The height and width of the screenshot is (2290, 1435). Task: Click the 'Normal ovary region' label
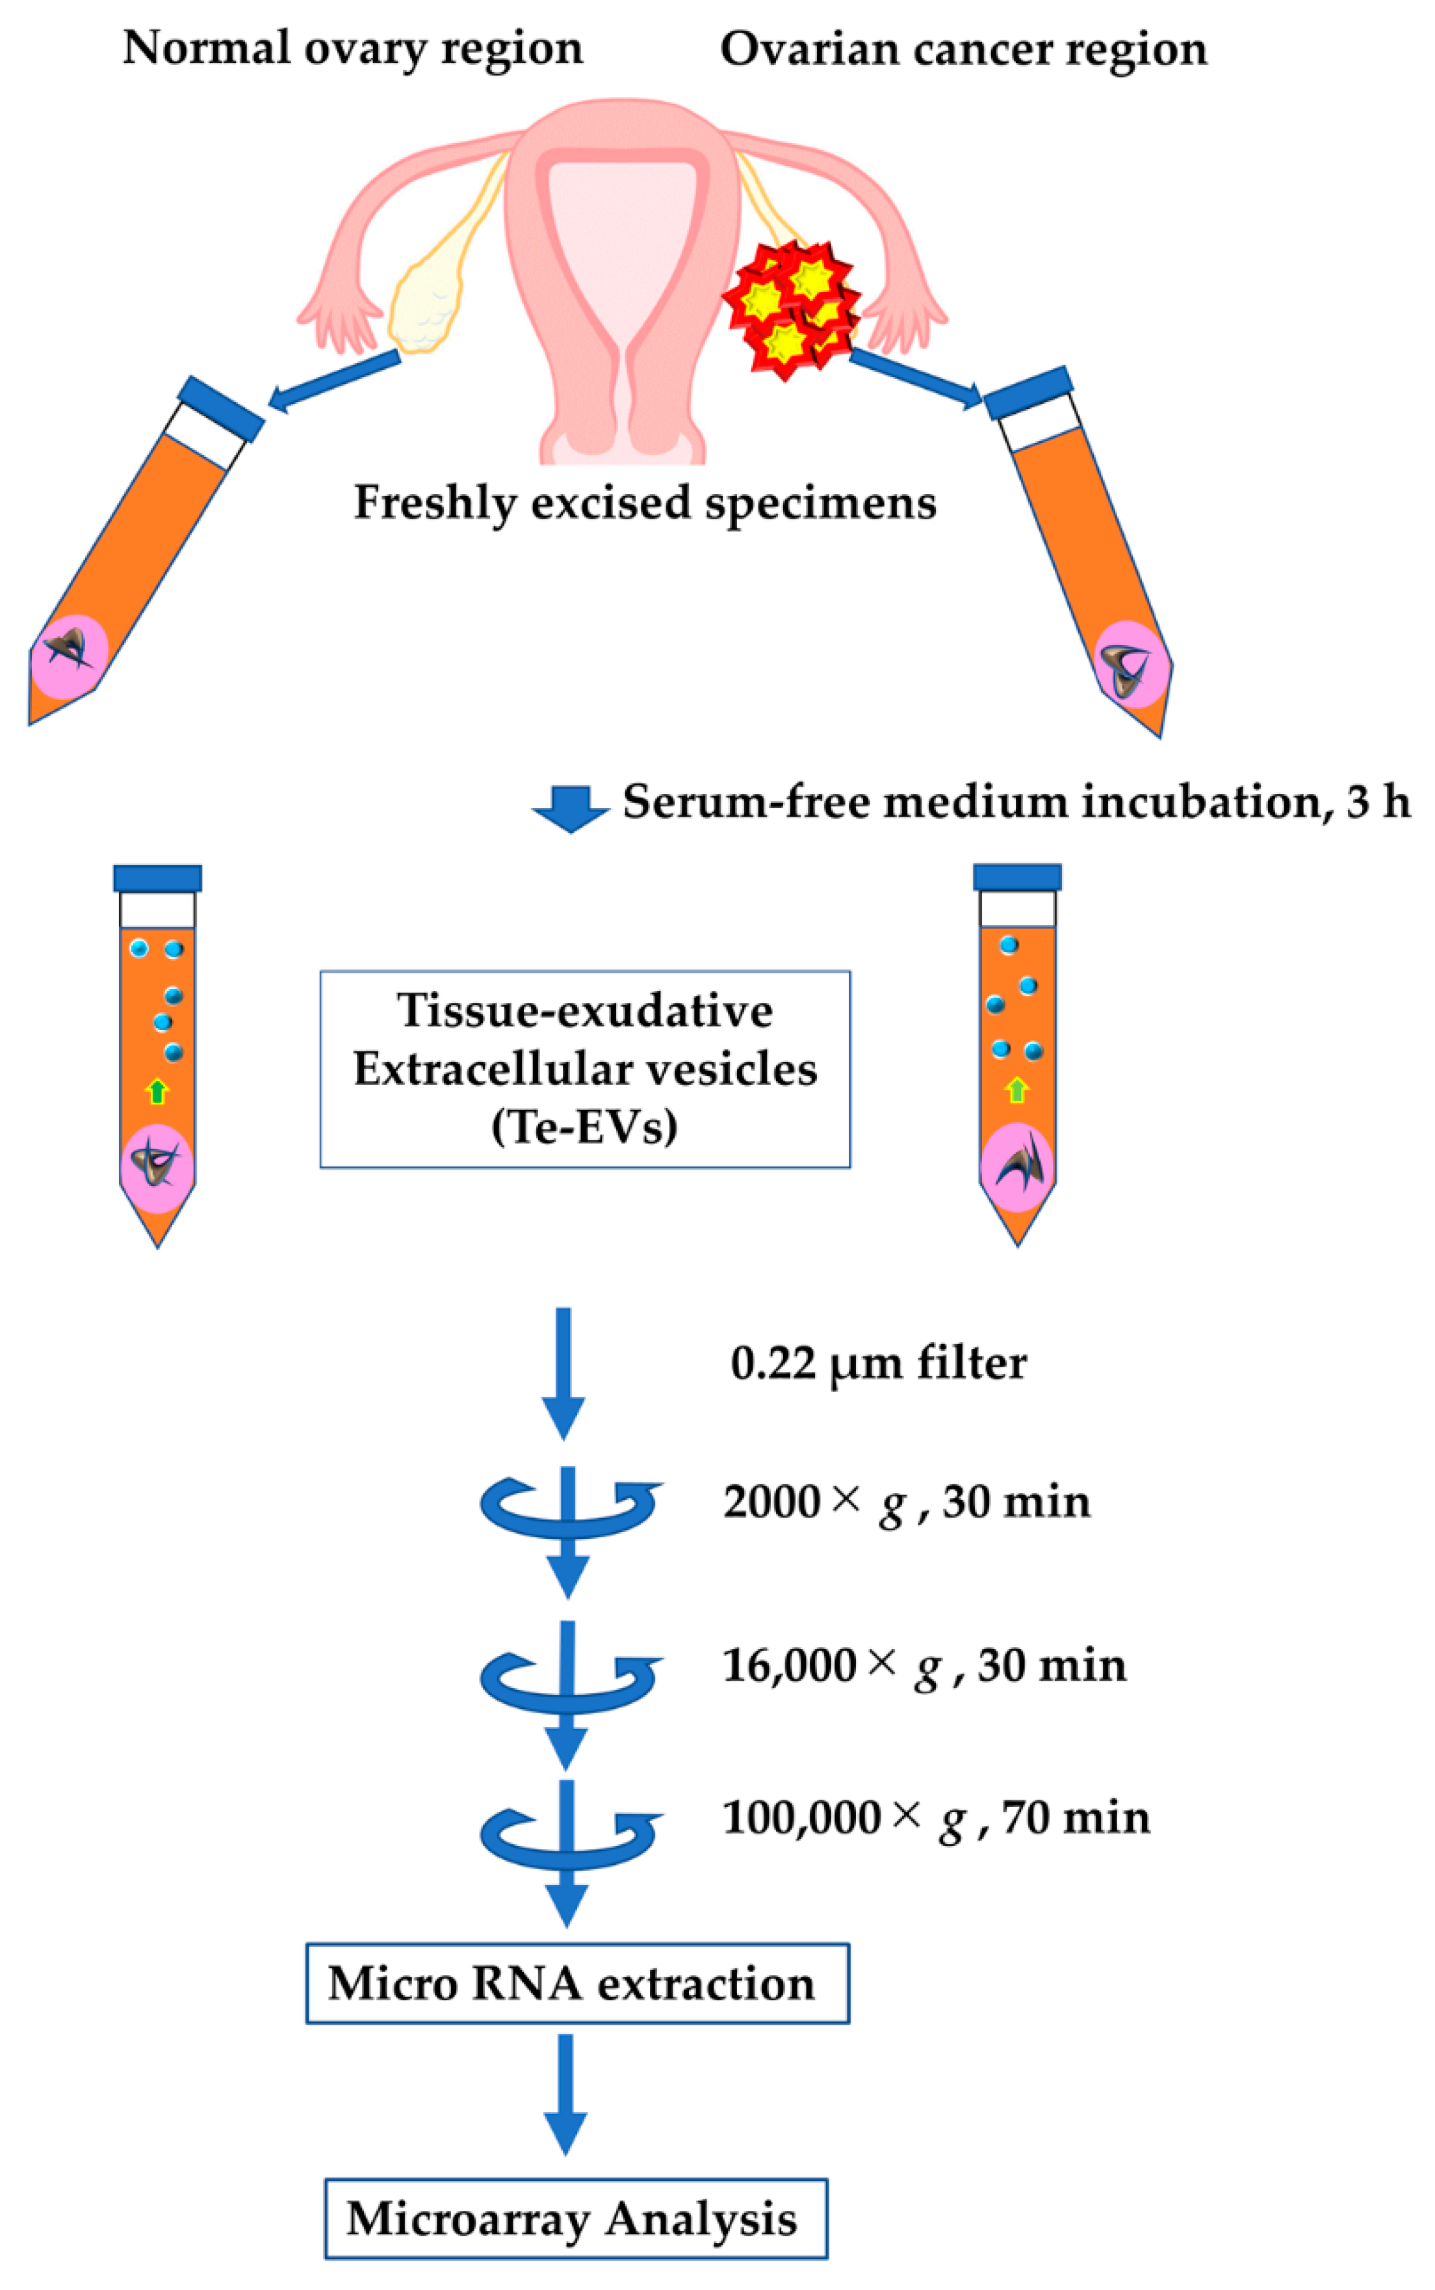click(x=352, y=47)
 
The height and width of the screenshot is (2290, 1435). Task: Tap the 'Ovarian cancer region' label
click(x=963, y=49)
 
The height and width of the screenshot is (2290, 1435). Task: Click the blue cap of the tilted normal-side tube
click(x=220, y=408)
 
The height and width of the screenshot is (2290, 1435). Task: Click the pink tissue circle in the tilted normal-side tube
click(x=68, y=656)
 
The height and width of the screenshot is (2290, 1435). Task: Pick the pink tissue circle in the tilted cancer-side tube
click(x=1130, y=665)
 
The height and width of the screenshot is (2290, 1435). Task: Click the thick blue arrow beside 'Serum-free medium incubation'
click(x=569, y=807)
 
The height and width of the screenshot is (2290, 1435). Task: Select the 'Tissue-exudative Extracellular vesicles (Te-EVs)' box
click(x=585, y=1068)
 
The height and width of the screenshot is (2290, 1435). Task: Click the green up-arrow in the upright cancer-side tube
click(x=1016, y=1089)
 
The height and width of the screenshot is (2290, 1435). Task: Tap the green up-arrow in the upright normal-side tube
click(x=157, y=1091)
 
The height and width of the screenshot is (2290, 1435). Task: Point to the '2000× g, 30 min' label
click(x=907, y=1503)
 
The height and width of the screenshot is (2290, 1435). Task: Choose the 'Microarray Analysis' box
click(x=575, y=2218)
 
